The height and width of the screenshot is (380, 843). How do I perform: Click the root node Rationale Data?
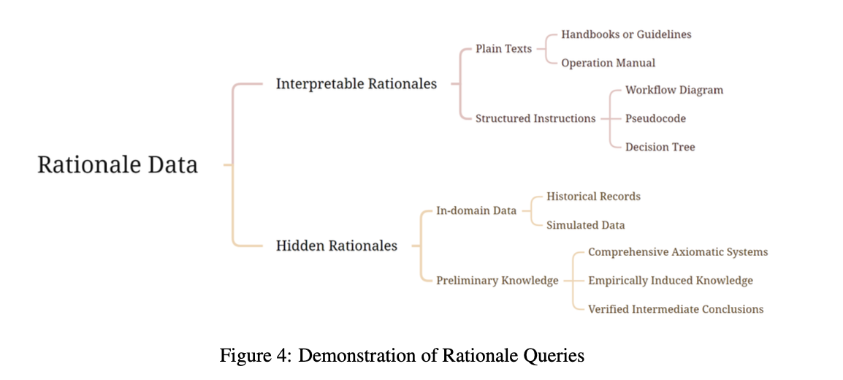click(118, 164)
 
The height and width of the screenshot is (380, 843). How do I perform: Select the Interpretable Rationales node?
click(356, 84)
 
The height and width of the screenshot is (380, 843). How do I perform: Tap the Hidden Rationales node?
click(336, 246)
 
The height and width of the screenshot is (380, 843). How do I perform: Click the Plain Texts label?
click(503, 49)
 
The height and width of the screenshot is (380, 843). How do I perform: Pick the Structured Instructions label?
click(535, 118)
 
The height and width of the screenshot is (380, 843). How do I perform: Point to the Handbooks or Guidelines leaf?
click(626, 34)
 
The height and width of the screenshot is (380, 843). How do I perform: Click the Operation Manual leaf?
click(608, 63)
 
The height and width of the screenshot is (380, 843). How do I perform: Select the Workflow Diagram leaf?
click(674, 90)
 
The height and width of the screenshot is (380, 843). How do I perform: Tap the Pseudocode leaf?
click(655, 118)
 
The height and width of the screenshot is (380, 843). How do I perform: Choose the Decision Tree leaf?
click(660, 147)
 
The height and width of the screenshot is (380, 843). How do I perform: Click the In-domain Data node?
click(476, 210)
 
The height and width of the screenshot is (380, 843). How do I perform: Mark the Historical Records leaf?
click(593, 197)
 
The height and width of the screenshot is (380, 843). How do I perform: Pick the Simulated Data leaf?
click(585, 225)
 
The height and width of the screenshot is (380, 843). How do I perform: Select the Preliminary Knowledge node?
click(497, 281)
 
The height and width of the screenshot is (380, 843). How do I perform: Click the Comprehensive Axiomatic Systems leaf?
click(677, 252)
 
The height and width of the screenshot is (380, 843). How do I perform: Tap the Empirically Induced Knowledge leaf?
click(670, 281)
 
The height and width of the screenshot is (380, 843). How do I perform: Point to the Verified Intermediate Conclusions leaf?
click(675, 309)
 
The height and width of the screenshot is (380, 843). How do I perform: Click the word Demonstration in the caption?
click(352, 356)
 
